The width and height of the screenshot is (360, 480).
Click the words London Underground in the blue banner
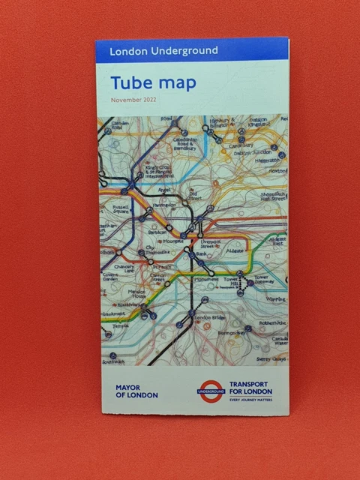pyautogui.click(x=163, y=51)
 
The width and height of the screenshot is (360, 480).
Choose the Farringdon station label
pyautogui.click(x=165, y=204)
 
